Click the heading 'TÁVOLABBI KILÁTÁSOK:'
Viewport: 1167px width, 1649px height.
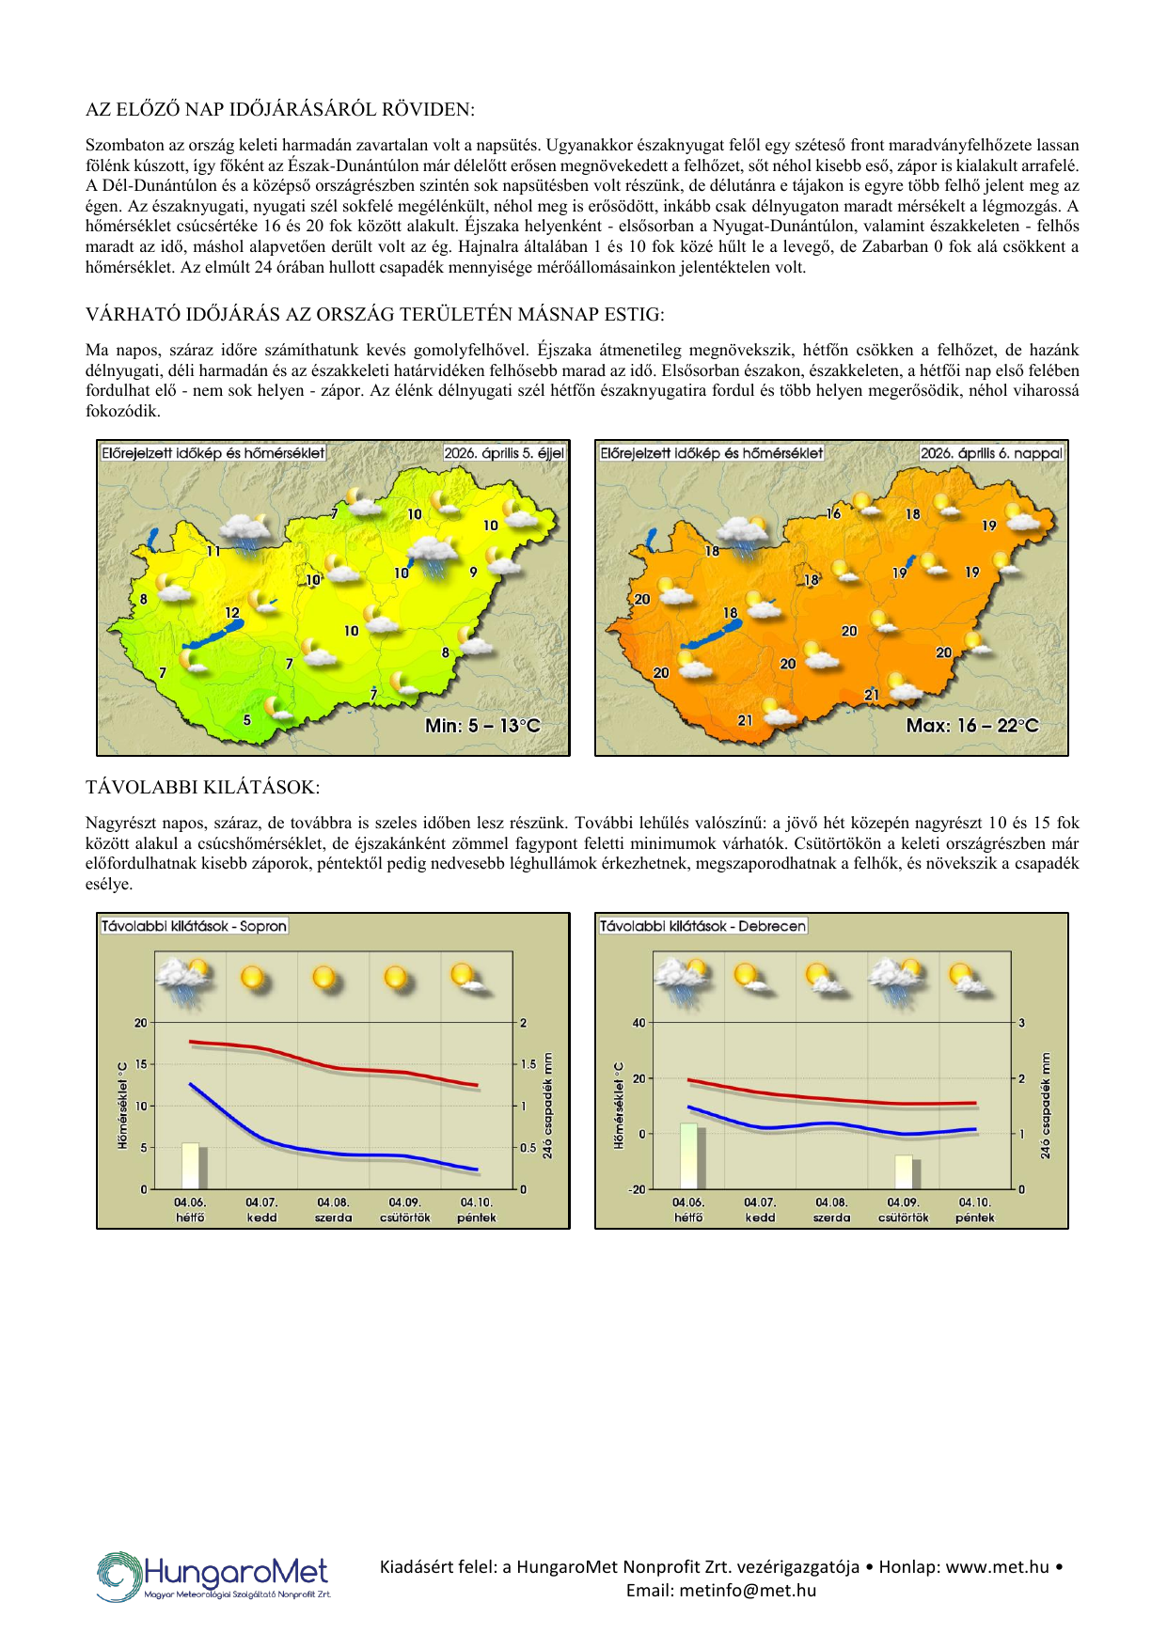point(202,787)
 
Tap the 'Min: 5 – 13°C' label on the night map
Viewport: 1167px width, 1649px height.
point(482,726)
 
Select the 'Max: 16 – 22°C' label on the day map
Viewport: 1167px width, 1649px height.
point(972,726)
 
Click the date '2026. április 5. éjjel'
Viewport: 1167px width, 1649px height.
point(504,453)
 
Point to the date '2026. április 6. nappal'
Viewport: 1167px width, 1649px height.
point(991,453)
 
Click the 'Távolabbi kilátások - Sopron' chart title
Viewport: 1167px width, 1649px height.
point(194,926)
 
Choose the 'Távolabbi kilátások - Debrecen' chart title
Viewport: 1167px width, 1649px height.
point(702,926)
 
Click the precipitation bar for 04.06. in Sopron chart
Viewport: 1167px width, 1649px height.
point(191,1166)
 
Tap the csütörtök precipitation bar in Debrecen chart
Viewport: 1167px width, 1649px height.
point(905,1171)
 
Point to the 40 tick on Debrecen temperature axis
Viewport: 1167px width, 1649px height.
point(639,1023)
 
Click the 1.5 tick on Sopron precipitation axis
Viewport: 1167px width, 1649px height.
point(528,1064)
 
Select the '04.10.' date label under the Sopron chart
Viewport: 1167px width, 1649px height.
point(476,1201)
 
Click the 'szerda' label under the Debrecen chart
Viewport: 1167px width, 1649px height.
point(831,1217)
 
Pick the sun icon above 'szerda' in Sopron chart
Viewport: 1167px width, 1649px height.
point(325,978)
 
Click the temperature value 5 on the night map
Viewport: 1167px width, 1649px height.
point(247,720)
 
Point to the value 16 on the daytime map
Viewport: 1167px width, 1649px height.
point(834,513)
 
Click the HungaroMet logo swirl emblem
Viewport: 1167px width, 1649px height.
point(118,1577)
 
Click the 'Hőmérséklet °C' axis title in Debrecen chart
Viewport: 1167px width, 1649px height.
point(619,1106)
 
